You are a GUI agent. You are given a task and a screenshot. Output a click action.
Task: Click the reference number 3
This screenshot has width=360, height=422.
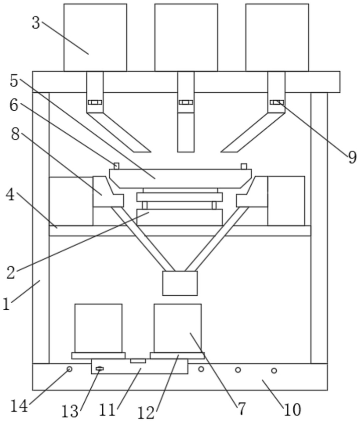[36, 23]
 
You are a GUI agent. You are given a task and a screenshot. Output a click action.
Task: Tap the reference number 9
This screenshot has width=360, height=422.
[352, 157]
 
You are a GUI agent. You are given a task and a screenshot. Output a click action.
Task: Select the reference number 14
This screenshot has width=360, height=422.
[19, 406]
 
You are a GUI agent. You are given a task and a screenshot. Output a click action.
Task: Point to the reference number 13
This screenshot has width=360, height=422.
[70, 411]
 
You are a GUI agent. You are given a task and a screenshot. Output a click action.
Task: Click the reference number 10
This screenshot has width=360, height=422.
[292, 410]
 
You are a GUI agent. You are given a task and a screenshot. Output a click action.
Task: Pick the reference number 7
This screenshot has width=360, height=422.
[241, 409]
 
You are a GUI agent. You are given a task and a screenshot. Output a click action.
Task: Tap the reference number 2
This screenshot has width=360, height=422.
[11, 272]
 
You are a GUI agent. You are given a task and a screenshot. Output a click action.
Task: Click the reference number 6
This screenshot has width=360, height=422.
[14, 105]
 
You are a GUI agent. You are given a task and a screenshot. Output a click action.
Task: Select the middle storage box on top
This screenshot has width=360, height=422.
[186, 38]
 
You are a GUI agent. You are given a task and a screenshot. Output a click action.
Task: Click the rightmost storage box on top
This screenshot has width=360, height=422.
[277, 38]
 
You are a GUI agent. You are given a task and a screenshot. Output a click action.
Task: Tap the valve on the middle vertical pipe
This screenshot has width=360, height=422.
[186, 102]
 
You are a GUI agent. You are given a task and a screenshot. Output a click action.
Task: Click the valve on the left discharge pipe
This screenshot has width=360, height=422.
[95, 102]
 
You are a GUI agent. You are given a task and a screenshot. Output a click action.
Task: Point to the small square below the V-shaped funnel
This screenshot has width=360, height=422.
[180, 283]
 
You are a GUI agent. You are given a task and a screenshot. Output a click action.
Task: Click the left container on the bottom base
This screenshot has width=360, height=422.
[99, 328]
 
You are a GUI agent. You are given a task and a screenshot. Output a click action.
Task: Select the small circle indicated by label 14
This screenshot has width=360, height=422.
[69, 369]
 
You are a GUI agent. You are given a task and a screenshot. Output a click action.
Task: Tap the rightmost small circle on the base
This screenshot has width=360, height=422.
[274, 370]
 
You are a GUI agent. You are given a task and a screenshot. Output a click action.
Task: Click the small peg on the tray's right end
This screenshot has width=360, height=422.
[244, 166]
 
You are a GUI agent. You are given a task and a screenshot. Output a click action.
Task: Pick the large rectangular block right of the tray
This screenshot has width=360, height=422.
[286, 201]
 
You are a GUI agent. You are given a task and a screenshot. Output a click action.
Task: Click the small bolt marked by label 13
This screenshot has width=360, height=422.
[100, 369]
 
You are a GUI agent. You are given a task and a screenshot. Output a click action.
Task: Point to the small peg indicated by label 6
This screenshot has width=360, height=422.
[117, 166]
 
